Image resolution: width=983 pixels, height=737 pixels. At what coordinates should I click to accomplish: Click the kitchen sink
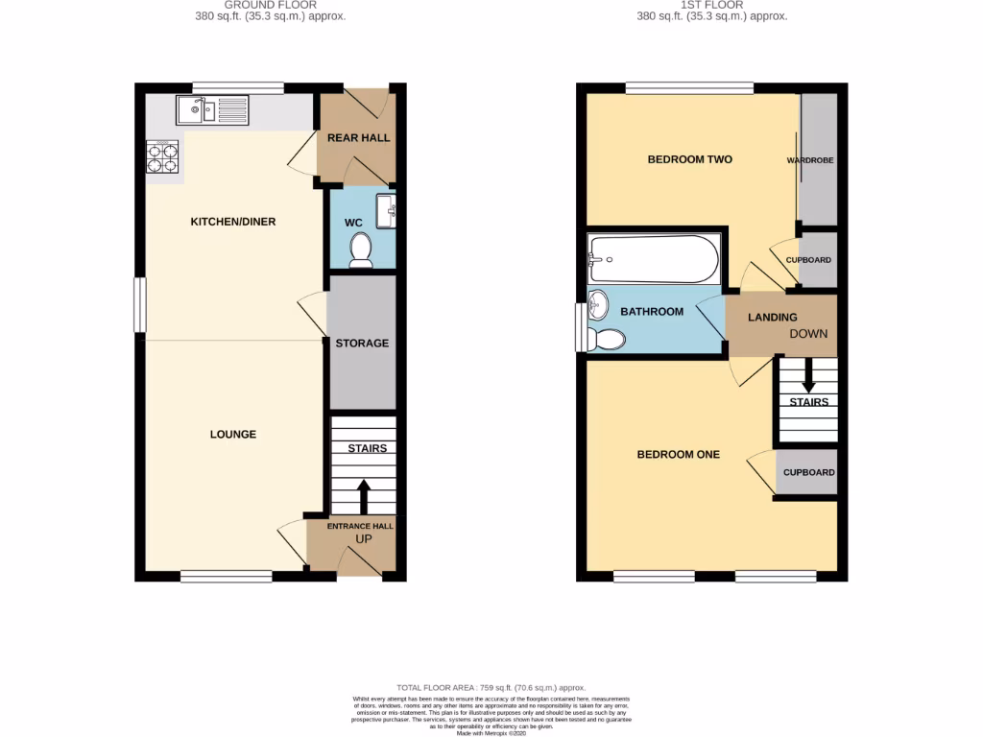[x=211, y=110]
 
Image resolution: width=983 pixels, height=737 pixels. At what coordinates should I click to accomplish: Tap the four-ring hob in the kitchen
[x=162, y=156]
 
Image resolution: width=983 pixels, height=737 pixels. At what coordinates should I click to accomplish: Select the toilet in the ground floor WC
[x=361, y=250]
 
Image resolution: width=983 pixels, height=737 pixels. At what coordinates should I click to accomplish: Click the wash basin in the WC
[x=385, y=209]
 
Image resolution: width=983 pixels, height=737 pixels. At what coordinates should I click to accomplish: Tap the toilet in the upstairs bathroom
[x=607, y=339]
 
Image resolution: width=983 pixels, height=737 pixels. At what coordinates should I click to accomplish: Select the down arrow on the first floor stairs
[x=809, y=376]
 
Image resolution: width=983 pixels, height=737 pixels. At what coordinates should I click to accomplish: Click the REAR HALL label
[x=358, y=138]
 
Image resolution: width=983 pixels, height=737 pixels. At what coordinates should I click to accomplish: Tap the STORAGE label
[x=362, y=343]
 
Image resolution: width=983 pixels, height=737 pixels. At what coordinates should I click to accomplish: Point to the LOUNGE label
[x=233, y=435]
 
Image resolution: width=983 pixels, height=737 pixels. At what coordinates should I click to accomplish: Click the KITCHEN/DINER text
[x=233, y=222]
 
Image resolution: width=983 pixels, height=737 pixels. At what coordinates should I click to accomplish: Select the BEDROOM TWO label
[x=689, y=159]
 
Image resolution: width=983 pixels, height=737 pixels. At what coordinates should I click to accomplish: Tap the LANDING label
[x=773, y=318]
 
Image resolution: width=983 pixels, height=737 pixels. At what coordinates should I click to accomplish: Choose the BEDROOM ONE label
[x=679, y=455]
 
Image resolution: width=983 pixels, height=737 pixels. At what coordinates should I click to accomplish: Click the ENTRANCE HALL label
[x=360, y=526]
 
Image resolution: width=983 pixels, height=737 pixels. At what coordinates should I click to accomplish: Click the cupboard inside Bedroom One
[x=808, y=473]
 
